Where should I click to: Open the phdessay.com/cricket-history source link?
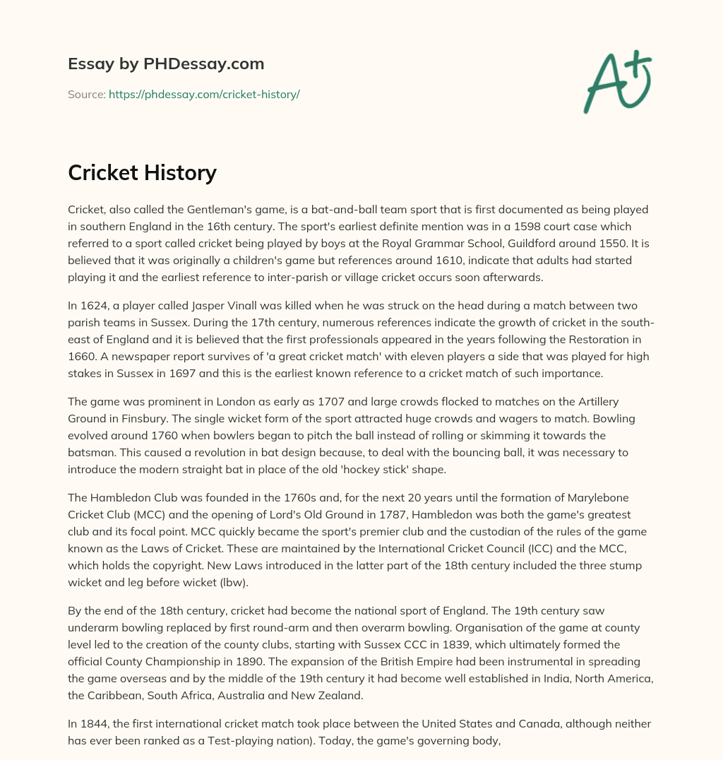[x=204, y=94]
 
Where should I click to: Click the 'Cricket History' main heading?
[x=142, y=172]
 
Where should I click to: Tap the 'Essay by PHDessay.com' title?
[x=166, y=64]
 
